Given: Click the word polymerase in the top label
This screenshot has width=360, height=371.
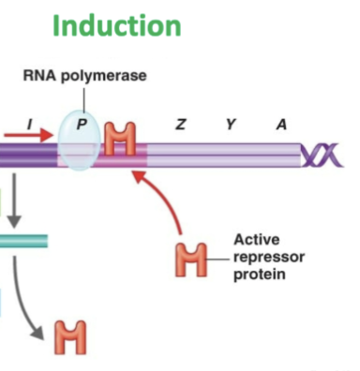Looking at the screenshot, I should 110,76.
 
